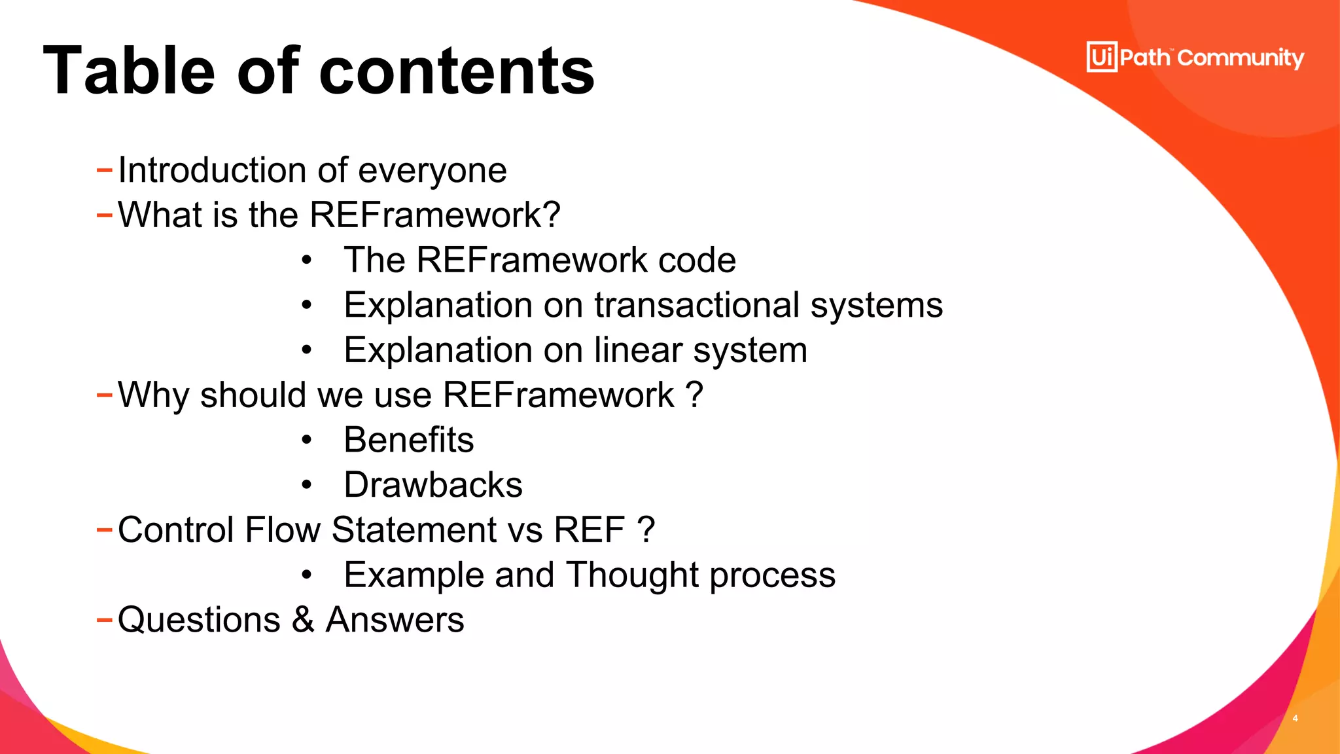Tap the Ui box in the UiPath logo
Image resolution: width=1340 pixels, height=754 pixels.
1102,57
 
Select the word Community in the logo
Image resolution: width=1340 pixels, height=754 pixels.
1241,58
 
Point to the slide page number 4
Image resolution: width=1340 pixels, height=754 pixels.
1295,718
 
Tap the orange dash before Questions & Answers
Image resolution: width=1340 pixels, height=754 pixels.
104,619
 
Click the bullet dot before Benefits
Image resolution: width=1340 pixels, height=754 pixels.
307,440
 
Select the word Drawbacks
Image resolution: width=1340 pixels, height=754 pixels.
433,485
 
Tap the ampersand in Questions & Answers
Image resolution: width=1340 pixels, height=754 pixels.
303,620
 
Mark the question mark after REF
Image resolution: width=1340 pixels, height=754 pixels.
645,530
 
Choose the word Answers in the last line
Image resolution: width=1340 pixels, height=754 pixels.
395,620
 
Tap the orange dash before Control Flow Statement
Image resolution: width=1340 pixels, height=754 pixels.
104,529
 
